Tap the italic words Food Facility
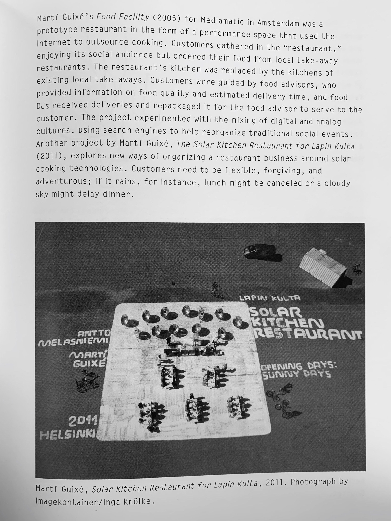click(123, 18)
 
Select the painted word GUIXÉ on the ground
click(89, 364)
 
